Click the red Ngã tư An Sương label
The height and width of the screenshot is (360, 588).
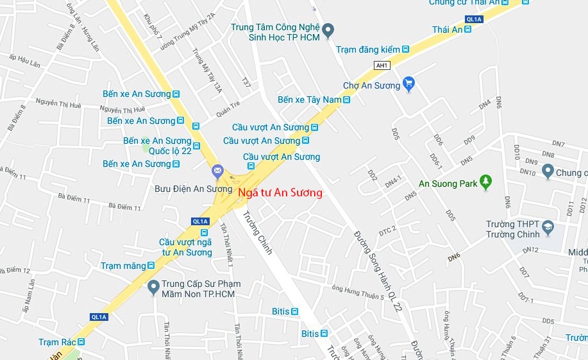pyautogui.click(x=280, y=193)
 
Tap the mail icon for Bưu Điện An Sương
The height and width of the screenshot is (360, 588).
pyautogui.click(x=217, y=171)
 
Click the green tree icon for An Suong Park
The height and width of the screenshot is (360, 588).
pyautogui.click(x=486, y=183)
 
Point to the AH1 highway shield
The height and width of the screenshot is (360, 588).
pyautogui.click(x=382, y=65)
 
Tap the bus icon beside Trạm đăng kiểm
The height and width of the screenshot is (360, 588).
pyautogui.click(x=405, y=49)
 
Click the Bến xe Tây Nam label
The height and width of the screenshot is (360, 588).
pyautogui.click(x=309, y=99)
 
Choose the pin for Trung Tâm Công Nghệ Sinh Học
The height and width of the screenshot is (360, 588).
pyautogui.click(x=328, y=30)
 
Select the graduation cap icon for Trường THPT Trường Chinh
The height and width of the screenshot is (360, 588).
pyautogui.click(x=548, y=227)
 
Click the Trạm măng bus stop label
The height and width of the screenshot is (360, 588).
pyautogui.click(x=123, y=266)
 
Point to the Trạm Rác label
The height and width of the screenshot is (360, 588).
pyautogui.click(x=57, y=342)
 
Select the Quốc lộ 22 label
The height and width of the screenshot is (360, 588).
pyautogui.click(x=170, y=151)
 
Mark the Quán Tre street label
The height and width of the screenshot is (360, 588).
pyautogui.click(x=228, y=109)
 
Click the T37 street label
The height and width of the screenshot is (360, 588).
pyautogui.click(x=247, y=82)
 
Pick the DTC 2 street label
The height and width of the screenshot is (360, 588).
pyautogui.click(x=388, y=230)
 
